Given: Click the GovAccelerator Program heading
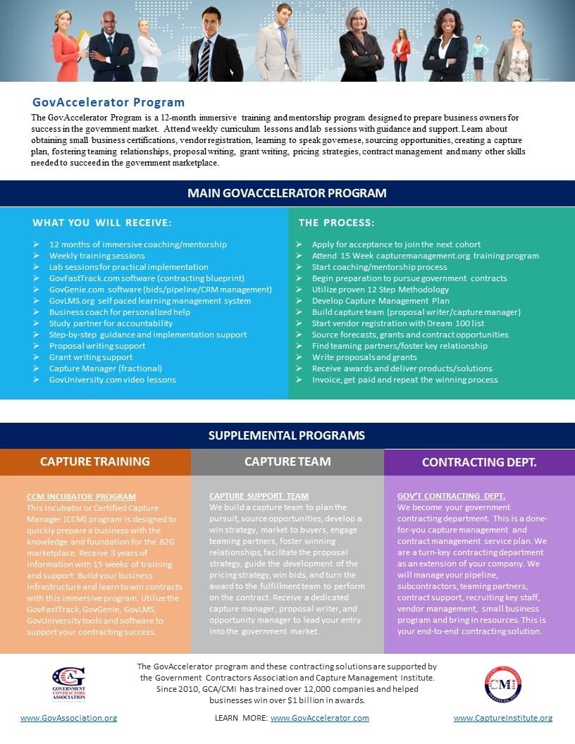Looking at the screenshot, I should (109, 102).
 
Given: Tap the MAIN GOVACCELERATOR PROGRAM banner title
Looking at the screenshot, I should (287, 193).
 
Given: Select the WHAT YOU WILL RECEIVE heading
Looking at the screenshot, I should (102, 223).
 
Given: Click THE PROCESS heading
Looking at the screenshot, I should (336, 223).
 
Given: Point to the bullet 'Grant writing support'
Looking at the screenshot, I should (91, 357).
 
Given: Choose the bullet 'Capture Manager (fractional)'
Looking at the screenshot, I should (106, 368).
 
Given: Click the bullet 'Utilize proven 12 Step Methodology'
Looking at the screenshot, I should (381, 290).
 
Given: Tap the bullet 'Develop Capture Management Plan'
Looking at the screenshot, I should (381, 301).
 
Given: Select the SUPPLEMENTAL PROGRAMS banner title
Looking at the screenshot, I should (287, 435).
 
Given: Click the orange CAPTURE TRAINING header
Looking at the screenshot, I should (95, 462).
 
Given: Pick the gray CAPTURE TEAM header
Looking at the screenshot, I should (287, 462).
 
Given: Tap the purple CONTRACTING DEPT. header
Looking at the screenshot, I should (479, 462).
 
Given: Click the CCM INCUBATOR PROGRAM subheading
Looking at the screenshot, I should (81, 497).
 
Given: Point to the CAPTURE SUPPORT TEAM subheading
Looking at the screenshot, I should (259, 496).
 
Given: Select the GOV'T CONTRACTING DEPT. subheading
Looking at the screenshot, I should (451, 496).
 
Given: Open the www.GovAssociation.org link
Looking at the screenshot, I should (69, 718).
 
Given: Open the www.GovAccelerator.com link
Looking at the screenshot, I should (320, 718).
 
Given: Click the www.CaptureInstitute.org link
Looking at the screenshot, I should (503, 718).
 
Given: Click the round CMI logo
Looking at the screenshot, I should (503, 684).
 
